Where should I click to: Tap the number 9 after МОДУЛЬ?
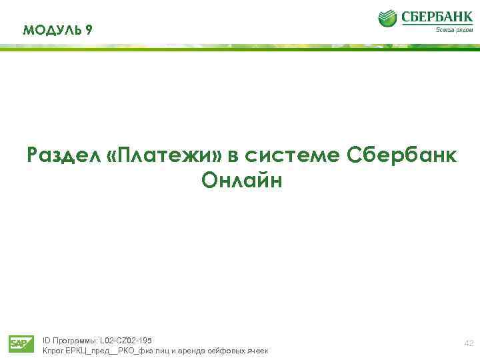click(89, 30)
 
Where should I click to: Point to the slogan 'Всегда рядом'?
click(454, 29)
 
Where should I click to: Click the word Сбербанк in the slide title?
click(402, 155)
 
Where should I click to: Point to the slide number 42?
click(469, 343)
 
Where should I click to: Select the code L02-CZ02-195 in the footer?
click(126, 341)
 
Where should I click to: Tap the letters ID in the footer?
click(46, 341)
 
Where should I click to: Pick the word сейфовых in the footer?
click(221, 351)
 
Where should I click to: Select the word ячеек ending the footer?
click(255, 351)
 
